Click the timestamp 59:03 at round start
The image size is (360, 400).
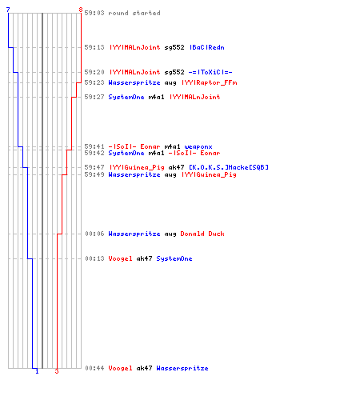pyautogui.click(x=94, y=13)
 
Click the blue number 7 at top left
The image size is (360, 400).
pyautogui.click(x=8, y=10)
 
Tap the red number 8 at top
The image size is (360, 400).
pyautogui.click(x=81, y=10)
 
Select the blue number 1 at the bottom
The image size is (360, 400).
pyautogui.click(x=37, y=371)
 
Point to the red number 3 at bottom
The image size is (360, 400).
pyautogui.click(x=57, y=371)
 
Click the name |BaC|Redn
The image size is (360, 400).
pyautogui.click(x=207, y=47)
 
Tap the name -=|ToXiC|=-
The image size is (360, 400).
pyautogui.click(x=210, y=72)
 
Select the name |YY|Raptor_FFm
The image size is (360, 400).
pyautogui.click(x=210, y=82)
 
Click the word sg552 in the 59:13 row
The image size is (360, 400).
pyautogui.click(x=174, y=48)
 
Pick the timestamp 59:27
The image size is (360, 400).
pyautogui.click(x=94, y=97)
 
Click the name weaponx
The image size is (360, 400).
pyautogui.click(x=198, y=146)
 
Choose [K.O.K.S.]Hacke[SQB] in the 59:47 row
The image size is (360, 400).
pyautogui.click(x=229, y=167)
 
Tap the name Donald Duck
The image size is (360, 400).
pyautogui.click(x=202, y=234)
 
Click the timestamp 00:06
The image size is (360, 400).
pyautogui.click(x=94, y=234)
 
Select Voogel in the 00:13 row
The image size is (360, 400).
pyautogui.click(x=120, y=258)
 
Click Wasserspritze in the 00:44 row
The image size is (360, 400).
pyautogui.click(x=182, y=368)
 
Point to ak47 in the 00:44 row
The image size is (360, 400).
pyautogui.click(x=144, y=368)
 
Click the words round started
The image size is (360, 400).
pyautogui.click(x=134, y=13)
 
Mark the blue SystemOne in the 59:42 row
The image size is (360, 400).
pyautogui.click(x=126, y=153)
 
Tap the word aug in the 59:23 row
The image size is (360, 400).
pyautogui.click(x=170, y=83)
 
